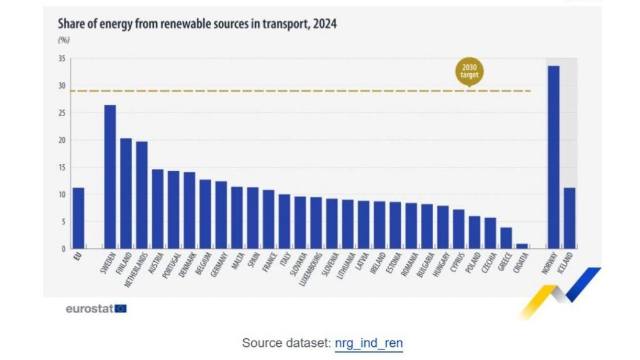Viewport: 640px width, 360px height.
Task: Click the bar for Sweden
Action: (109, 177)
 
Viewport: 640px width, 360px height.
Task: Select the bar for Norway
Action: (553, 157)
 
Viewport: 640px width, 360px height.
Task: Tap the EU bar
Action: (78, 218)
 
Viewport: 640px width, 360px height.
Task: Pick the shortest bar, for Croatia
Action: (522, 246)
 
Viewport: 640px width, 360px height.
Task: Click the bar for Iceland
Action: (569, 218)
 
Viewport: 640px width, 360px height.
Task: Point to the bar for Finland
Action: (126, 193)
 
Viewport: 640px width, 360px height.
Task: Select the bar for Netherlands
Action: (142, 195)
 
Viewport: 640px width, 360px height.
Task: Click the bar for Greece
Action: (506, 238)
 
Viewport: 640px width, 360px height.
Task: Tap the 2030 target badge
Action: (469, 72)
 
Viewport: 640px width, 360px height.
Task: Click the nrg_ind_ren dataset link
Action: (369, 343)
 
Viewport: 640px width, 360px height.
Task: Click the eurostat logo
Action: (96, 308)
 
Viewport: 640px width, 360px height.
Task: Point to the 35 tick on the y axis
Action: (62, 59)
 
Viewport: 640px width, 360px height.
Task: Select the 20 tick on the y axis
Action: (62, 140)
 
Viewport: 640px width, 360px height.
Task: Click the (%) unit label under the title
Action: (63, 39)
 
